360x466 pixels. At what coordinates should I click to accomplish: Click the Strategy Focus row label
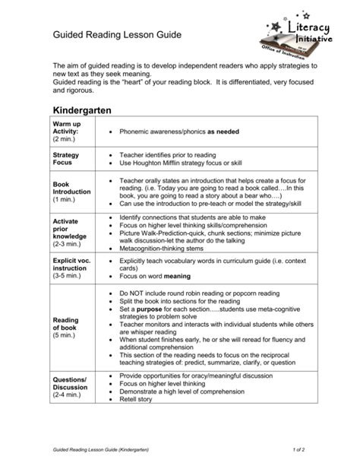(65, 159)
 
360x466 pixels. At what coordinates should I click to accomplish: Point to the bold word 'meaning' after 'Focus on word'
(177, 277)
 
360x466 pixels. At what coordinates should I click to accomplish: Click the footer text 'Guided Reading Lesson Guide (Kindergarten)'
(108, 450)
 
